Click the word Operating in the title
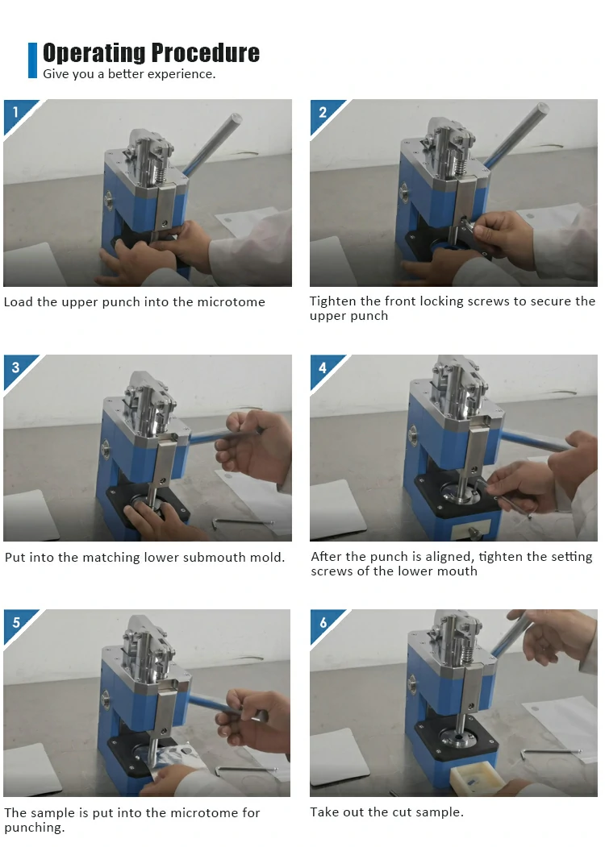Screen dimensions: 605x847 tap(94, 53)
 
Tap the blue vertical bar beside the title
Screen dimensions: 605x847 tap(32, 60)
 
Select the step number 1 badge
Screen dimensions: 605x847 tap(15, 112)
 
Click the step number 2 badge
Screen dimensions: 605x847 tap(322, 112)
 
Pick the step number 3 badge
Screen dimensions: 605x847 tap(15, 367)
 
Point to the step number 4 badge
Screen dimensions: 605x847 tap(322, 367)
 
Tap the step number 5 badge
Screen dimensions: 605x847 tap(15, 622)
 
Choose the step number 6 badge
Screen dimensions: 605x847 tap(323, 622)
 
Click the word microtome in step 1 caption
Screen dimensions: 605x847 tap(231, 302)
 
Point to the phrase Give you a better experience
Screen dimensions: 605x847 tap(129, 74)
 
